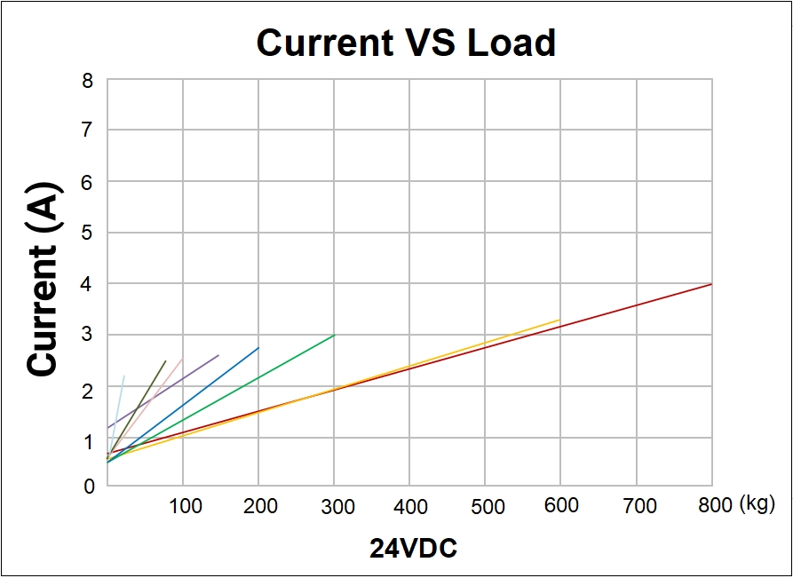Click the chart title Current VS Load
tap(406, 43)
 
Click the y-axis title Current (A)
tap(43, 279)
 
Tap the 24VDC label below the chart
tap(413, 549)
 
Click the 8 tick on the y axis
tap(87, 81)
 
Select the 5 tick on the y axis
tap(87, 234)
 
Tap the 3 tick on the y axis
tap(87, 336)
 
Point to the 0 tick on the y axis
tap(87, 487)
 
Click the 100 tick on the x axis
tap(185, 506)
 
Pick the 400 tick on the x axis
tap(410, 506)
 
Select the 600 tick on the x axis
tap(561, 505)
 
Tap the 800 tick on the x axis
tap(712, 505)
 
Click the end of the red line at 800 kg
tap(711, 284)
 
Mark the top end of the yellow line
tap(560, 320)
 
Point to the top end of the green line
tap(334, 335)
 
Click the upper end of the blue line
tap(258, 347)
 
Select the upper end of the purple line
tap(218, 355)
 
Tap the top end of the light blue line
tap(124, 376)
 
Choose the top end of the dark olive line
tap(165, 360)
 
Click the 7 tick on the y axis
tap(87, 131)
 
